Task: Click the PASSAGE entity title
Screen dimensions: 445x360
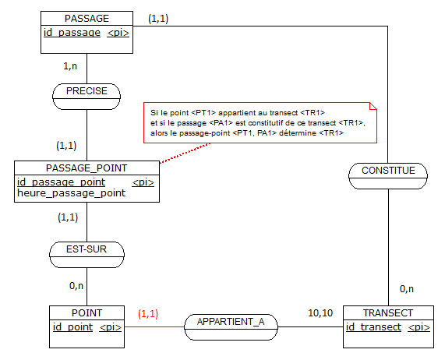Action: click(87, 19)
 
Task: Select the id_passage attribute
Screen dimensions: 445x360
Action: click(72, 33)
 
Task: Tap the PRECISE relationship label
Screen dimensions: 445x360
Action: click(87, 91)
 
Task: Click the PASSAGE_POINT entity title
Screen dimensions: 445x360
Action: click(87, 168)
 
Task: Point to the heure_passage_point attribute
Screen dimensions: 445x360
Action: click(71, 193)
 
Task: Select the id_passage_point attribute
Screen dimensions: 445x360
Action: click(62, 182)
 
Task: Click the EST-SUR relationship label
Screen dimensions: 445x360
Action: click(87, 249)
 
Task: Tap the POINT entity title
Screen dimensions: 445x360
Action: click(87, 313)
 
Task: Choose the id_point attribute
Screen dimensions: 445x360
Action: click(73, 327)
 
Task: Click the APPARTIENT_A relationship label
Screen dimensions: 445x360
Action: click(231, 322)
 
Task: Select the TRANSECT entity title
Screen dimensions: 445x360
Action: click(388, 313)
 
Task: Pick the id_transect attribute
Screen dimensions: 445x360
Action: click(373, 327)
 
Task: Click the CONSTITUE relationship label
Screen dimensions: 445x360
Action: click(388, 171)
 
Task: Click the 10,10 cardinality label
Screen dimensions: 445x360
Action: click(320, 313)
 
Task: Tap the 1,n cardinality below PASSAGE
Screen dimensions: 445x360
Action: click(70, 66)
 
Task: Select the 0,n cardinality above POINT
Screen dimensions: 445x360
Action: click(76, 286)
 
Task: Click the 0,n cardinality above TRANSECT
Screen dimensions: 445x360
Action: click(407, 289)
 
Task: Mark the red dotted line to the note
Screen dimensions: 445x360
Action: click(185, 153)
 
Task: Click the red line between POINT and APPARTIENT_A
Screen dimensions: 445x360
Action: click(154, 326)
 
